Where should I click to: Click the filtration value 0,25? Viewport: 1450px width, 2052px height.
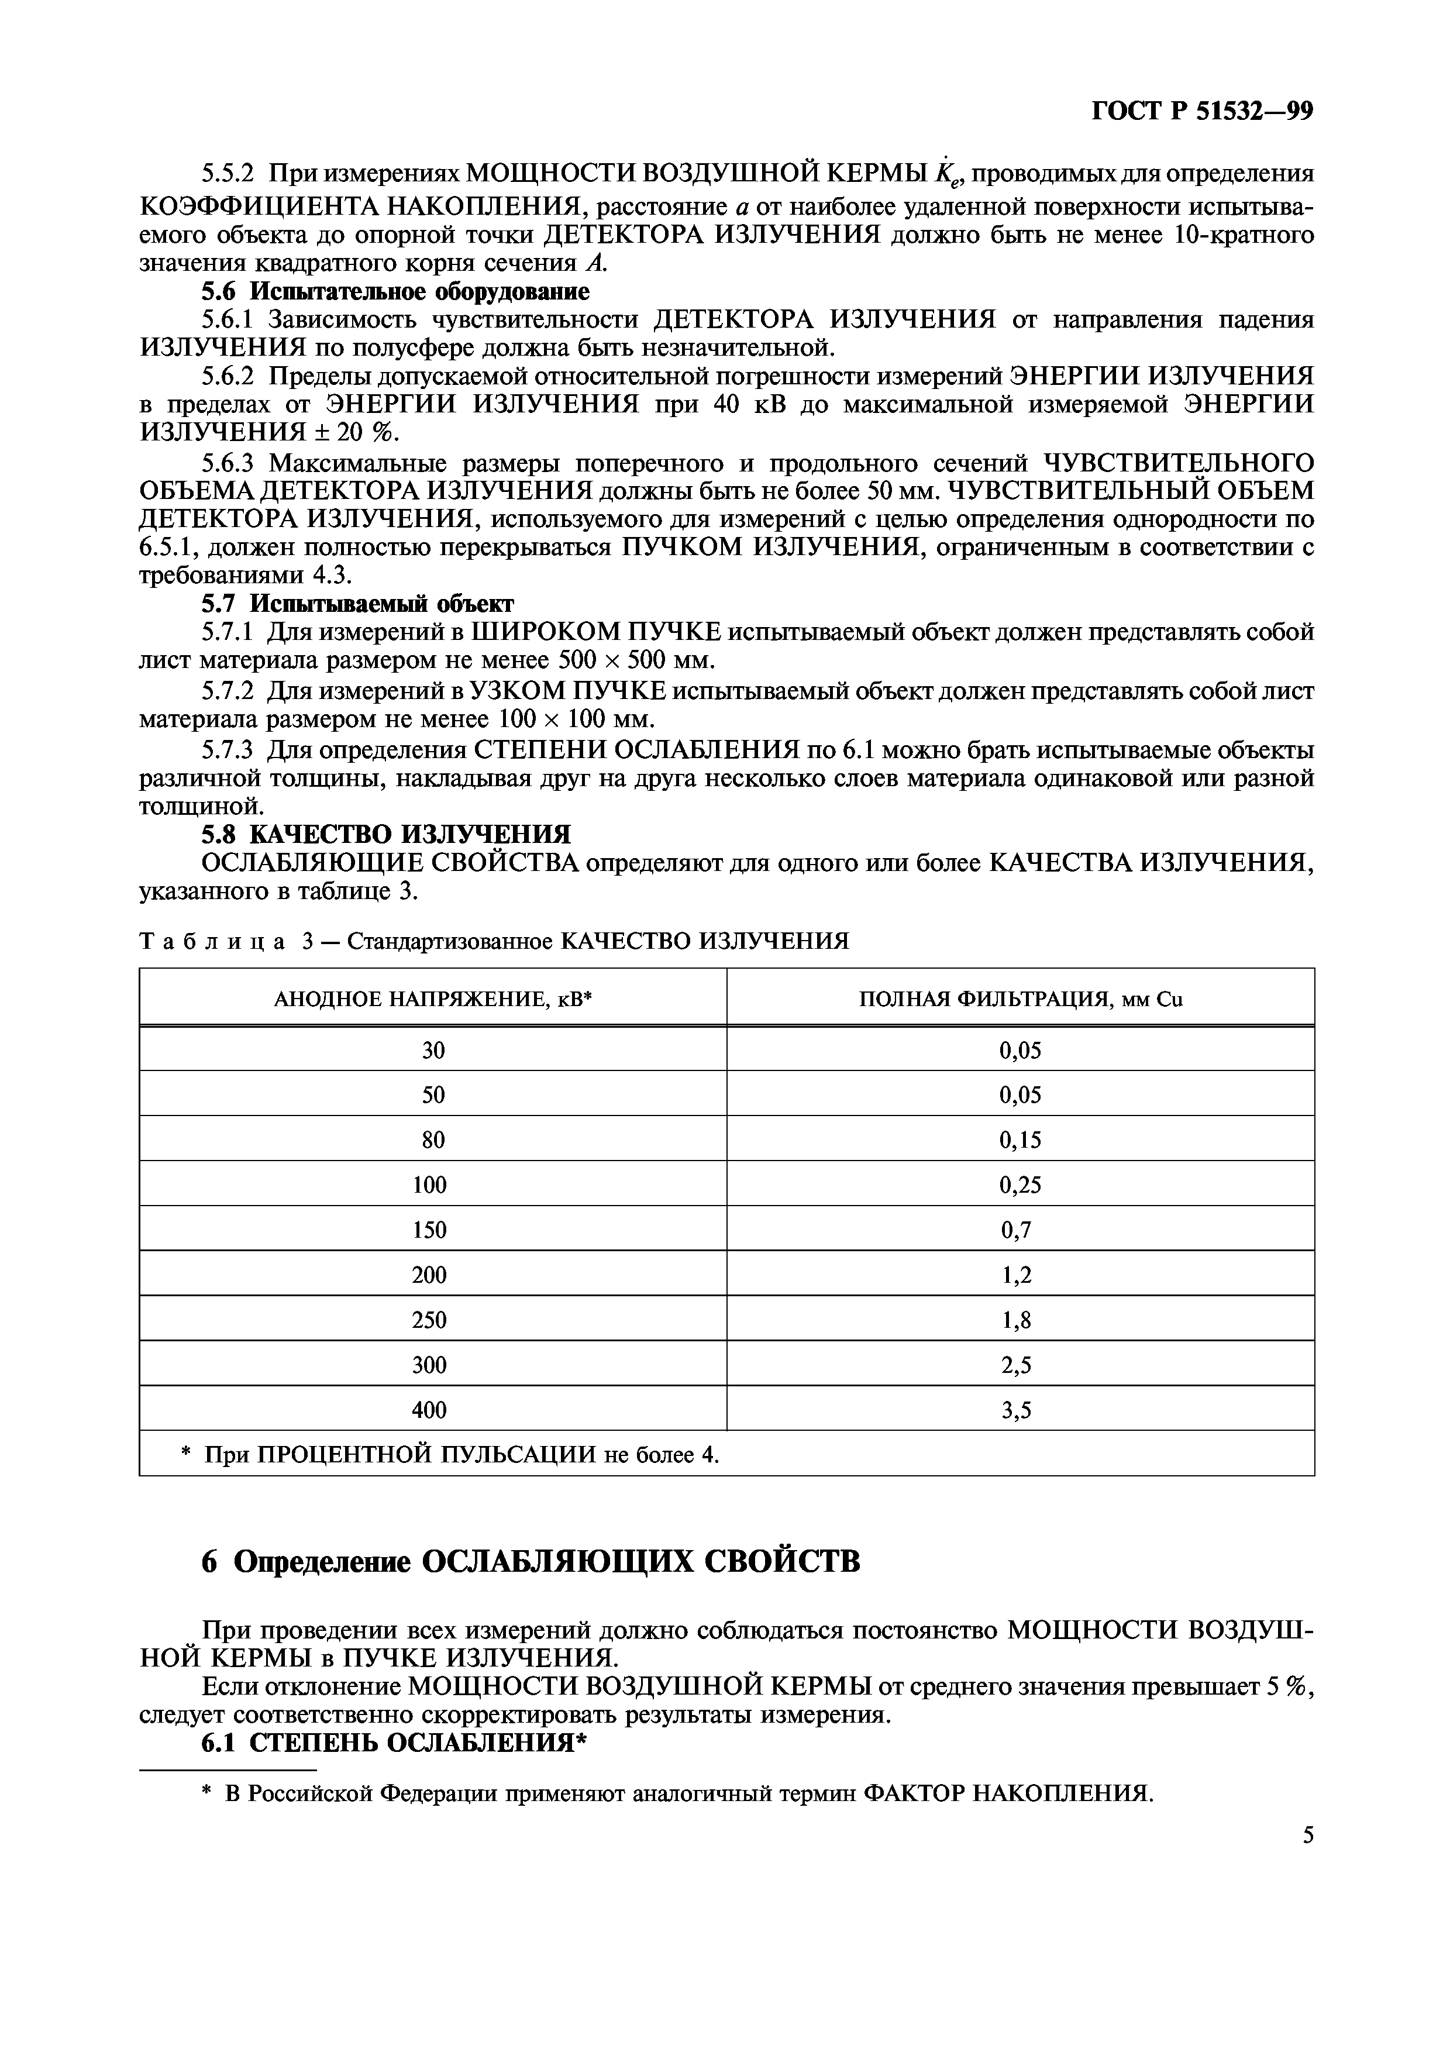(1020, 1185)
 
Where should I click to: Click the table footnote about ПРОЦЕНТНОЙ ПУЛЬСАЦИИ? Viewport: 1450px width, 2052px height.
(450, 1455)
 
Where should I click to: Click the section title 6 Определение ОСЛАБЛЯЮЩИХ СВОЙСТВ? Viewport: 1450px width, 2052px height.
(531, 1561)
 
